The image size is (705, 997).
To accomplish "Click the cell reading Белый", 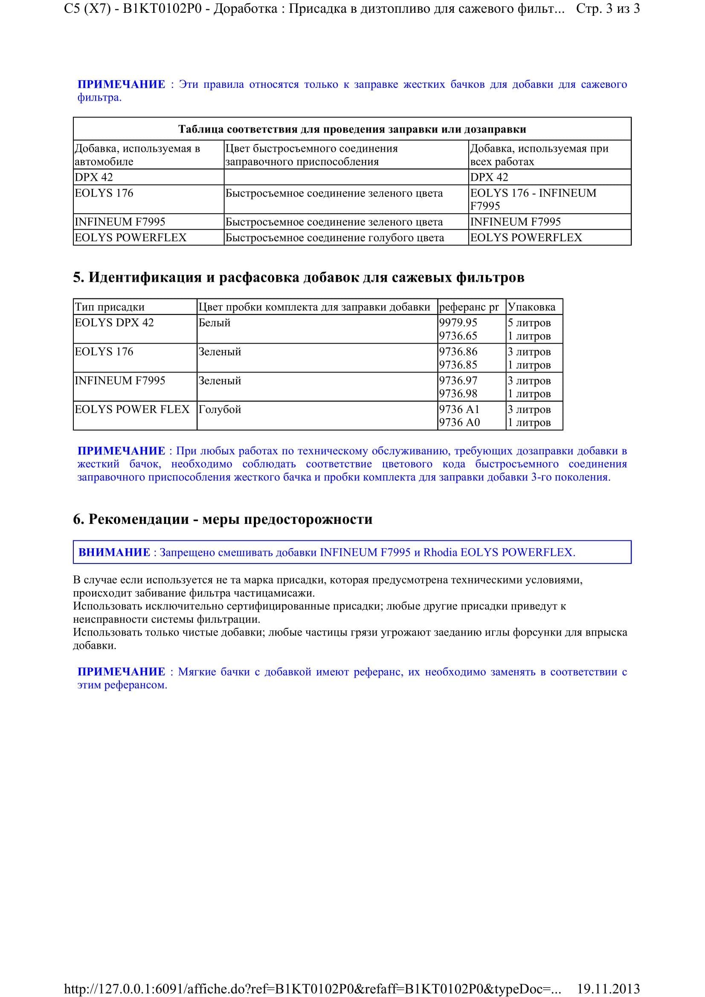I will (214, 323).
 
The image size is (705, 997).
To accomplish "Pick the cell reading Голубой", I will (219, 409).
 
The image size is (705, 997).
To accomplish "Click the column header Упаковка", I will (531, 307).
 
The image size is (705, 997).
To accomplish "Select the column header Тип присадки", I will (110, 307).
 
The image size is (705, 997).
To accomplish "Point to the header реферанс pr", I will (469, 307).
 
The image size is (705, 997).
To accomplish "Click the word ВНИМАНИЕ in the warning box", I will (114, 552).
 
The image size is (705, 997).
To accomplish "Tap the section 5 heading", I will (299, 277).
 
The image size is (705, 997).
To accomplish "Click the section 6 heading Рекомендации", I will (222, 519).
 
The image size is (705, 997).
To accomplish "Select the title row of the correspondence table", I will (352, 129).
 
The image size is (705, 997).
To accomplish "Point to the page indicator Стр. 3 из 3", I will (608, 9).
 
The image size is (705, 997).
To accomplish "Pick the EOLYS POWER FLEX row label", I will (132, 409).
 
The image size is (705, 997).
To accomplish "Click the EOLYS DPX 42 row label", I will (114, 323).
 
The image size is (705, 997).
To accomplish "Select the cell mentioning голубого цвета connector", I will (334, 237).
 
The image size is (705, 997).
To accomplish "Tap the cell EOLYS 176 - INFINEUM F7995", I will (533, 199).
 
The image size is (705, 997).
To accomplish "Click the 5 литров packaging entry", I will (529, 323).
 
